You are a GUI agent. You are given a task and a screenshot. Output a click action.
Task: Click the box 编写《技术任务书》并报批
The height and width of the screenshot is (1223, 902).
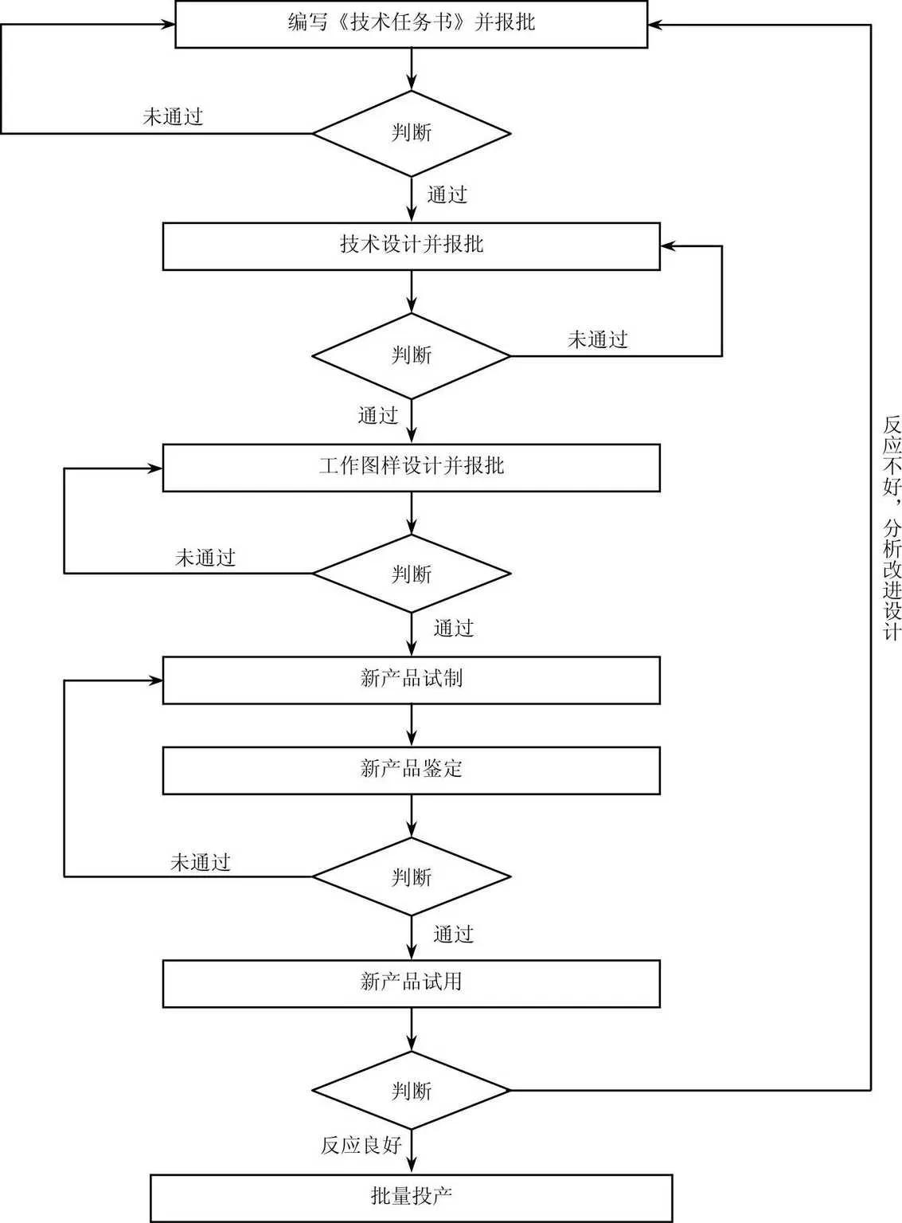(x=411, y=24)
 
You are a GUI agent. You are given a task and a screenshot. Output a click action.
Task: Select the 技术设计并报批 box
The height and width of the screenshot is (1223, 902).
(x=411, y=246)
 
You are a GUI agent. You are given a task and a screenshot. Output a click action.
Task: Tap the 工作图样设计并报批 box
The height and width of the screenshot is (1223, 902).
(x=411, y=467)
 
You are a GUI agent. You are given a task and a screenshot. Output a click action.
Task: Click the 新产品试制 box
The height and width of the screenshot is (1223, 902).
(x=411, y=680)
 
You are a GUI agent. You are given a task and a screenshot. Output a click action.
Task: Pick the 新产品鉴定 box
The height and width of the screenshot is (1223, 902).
(x=411, y=770)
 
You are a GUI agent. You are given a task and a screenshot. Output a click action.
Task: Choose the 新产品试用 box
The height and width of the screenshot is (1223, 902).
(x=411, y=983)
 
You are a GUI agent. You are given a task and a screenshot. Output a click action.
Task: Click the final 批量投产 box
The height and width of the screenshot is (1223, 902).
(x=411, y=1197)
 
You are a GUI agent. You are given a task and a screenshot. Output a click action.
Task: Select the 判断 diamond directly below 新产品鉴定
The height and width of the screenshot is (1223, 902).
(x=411, y=876)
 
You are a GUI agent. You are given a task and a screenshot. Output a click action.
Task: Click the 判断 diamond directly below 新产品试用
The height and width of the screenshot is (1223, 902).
(x=411, y=1090)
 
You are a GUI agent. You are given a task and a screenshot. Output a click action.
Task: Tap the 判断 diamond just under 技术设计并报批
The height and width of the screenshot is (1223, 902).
(x=411, y=355)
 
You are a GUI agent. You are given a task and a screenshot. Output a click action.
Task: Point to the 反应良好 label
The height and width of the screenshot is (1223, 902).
(x=361, y=1146)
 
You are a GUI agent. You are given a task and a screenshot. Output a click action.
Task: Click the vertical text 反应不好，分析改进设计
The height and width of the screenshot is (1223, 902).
(x=892, y=526)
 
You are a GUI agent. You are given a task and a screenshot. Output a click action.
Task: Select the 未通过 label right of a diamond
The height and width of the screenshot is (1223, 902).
(x=597, y=340)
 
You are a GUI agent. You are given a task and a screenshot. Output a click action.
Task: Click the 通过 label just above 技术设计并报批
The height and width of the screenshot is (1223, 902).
(x=447, y=195)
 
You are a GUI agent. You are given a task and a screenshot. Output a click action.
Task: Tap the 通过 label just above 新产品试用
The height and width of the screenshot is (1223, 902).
(x=453, y=934)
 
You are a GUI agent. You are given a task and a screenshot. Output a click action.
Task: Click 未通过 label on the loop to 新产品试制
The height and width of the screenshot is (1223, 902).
(x=200, y=862)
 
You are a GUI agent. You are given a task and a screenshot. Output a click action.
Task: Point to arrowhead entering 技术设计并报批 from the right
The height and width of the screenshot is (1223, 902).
(x=668, y=246)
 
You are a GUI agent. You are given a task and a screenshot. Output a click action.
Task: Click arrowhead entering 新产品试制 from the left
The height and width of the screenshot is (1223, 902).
(x=155, y=680)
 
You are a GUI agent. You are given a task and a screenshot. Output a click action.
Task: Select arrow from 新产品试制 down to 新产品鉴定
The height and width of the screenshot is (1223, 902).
(x=412, y=726)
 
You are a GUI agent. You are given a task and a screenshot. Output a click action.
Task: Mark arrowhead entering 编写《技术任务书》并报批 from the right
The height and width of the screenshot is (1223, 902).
(x=655, y=25)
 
